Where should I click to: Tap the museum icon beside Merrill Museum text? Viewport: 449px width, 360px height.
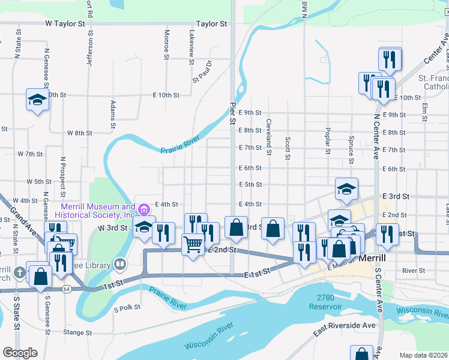click(143, 209)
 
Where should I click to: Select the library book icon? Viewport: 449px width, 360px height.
click(120, 264)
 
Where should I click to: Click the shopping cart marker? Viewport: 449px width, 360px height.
click(193, 244)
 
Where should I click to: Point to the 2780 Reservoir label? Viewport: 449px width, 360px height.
click(326, 302)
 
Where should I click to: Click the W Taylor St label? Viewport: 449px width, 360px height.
click(65, 24)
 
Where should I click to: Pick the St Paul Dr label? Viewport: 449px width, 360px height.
click(202, 71)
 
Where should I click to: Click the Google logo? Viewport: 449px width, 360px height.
click(19, 353)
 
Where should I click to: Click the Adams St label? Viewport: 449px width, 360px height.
click(112, 114)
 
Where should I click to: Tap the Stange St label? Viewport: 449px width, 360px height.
click(77, 332)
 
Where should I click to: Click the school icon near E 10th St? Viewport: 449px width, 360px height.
click(37, 98)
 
